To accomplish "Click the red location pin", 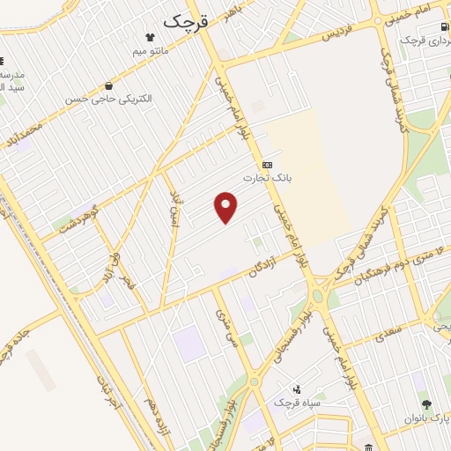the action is [x=226, y=208].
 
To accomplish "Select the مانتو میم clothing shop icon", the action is [x=150, y=38].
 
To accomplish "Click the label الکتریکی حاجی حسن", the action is [x=107, y=99].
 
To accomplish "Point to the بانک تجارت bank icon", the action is [x=268, y=164].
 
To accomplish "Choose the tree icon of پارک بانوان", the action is [x=427, y=404].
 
